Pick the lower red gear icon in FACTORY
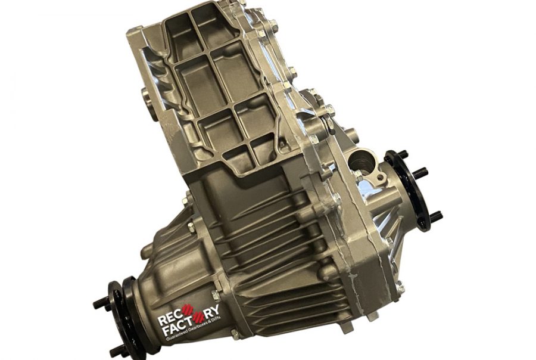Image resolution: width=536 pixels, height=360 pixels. pyautogui.click(x=200, y=319)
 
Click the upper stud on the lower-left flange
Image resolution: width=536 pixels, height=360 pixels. pyautogui.click(x=101, y=303)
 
